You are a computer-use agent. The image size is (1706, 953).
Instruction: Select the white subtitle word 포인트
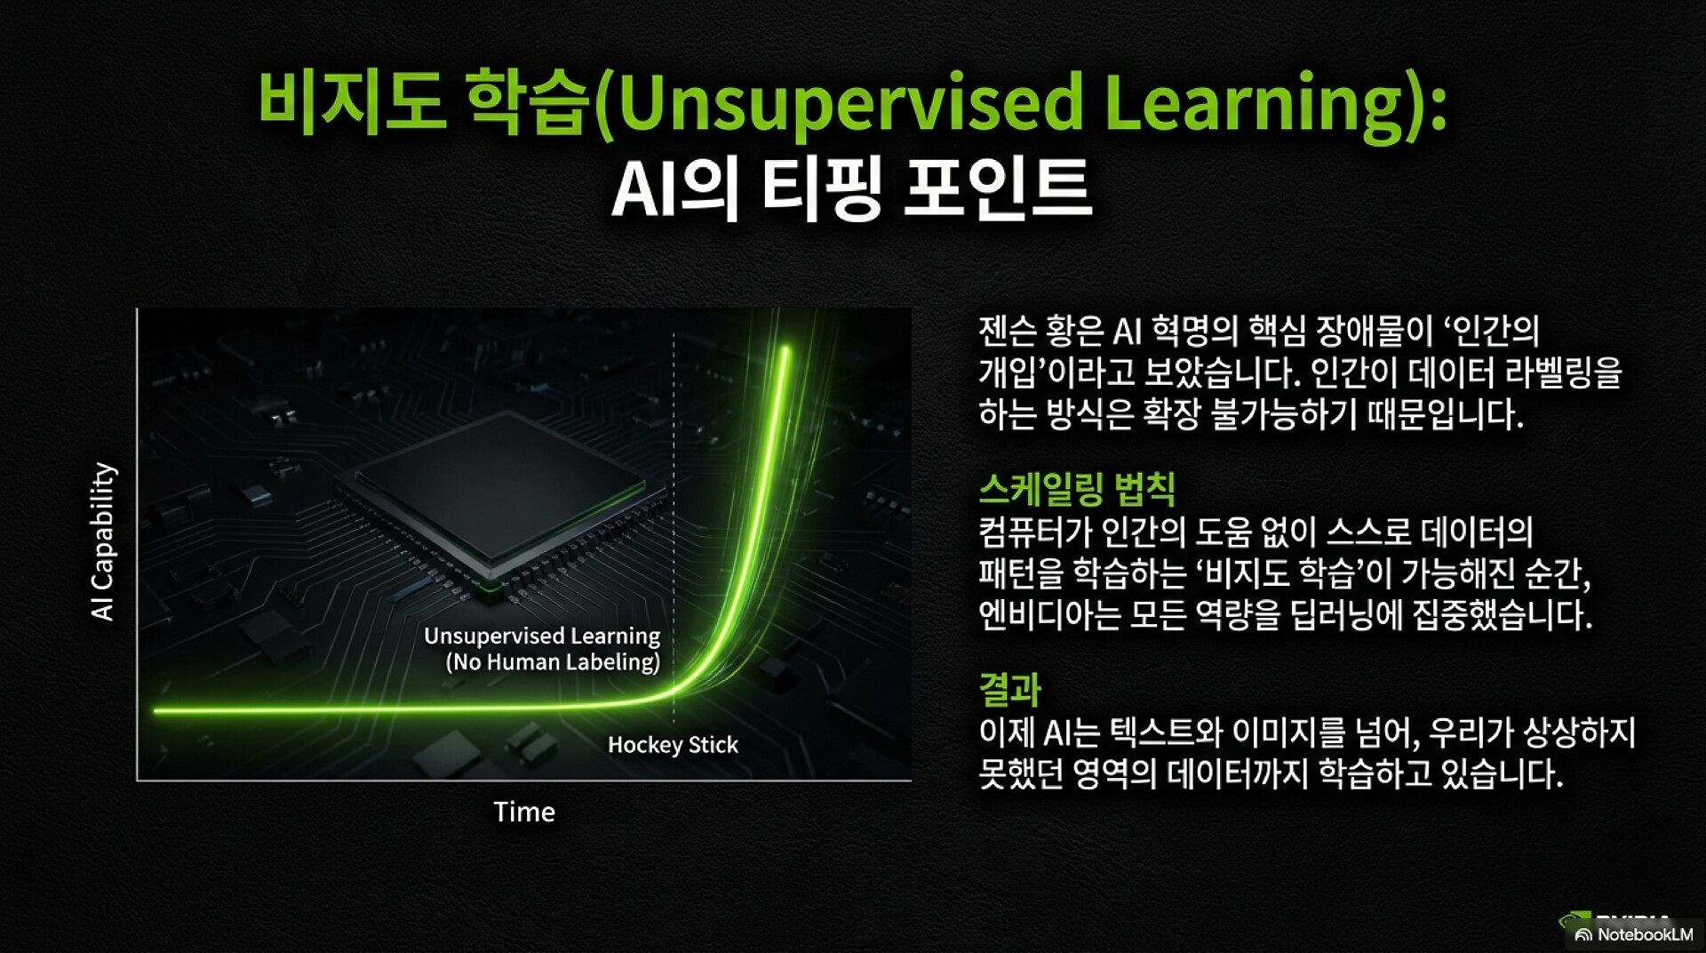tap(997, 188)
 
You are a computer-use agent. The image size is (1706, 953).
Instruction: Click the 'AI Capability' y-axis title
tap(103, 541)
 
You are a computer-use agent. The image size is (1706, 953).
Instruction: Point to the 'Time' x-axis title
tap(524, 812)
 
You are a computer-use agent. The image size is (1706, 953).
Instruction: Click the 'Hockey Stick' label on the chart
tap(673, 745)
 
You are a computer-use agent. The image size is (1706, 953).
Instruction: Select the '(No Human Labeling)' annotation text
tap(553, 661)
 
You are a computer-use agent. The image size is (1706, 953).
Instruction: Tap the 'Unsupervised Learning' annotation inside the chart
tap(542, 636)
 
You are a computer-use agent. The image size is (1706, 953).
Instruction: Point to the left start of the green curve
tap(156, 711)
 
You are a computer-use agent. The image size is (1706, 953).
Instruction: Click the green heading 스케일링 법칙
tap(1077, 488)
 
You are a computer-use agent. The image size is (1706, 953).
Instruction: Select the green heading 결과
tap(1009, 689)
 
